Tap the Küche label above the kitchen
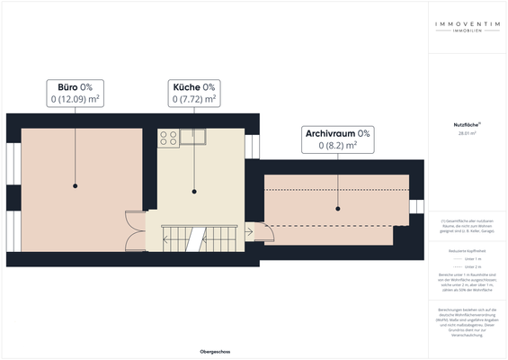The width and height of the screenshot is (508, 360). tap(185, 86)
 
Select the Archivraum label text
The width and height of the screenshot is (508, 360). tap(330, 133)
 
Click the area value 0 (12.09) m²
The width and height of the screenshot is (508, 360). tap(75, 99)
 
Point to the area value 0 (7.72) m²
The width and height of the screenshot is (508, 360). tap(193, 99)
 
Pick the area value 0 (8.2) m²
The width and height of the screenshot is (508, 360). tap(337, 145)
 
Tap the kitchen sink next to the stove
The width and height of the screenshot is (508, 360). tap(192, 136)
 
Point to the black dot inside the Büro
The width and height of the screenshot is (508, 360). tap(76, 185)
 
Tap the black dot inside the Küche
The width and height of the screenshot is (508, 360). tap(193, 192)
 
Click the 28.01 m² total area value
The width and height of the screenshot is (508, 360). tap(466, 133)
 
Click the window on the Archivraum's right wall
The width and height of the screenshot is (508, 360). tap(417, 208)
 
